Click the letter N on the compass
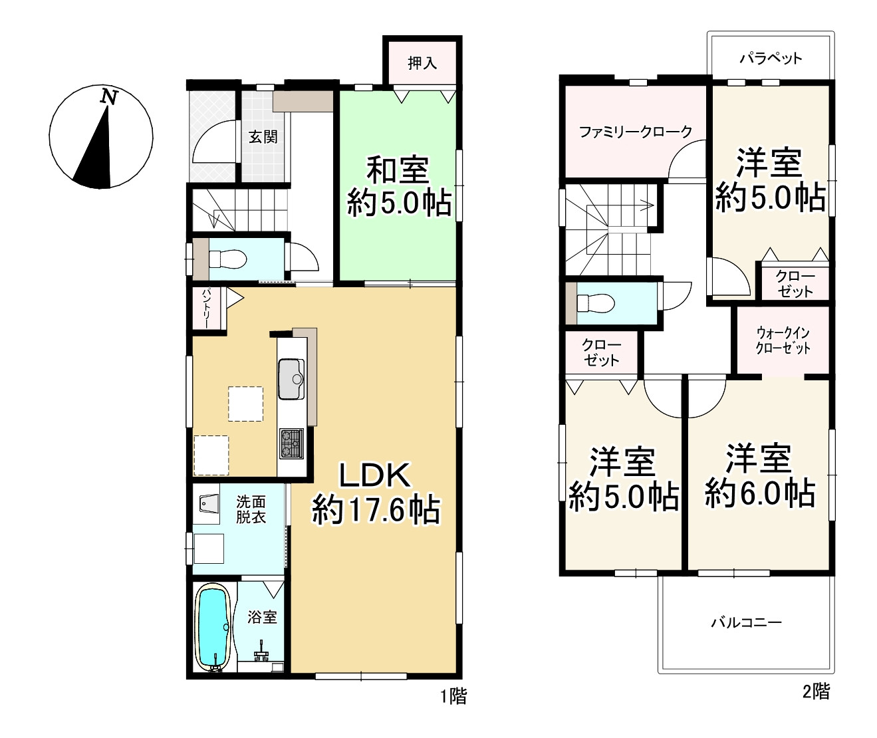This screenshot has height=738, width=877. click(x=109, y=97)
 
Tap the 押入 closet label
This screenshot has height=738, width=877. click(x=422, y=63)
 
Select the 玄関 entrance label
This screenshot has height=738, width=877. click(x=263, y=136)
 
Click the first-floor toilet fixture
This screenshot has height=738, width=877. click(x=227, y=259)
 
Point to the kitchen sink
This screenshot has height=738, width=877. click(x=291, y=379)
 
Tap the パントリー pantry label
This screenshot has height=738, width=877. click(x=206, y=308)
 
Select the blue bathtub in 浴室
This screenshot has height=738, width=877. click(x=213, y=627)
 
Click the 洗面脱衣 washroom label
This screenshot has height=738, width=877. click(x=251, y=509)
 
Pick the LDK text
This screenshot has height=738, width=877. click(x=374, y=475)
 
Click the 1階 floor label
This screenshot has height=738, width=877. click(x=453, y=696)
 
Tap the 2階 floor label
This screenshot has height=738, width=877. click(x=816, y=691)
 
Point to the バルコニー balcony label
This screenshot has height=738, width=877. click(x=747, y=622)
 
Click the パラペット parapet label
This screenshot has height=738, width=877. click(x=771, y=58)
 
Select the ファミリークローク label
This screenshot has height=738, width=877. click(x=636, y=132)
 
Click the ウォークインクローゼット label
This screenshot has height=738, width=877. click(x=783, y=340)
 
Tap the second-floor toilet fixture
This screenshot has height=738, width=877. click(x=596, y=303)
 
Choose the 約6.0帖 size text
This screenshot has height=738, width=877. click(x=760, y=494)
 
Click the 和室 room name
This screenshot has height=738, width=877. click(x=398, y=170)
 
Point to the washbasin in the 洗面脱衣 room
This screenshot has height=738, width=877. click(x=209, y=503)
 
